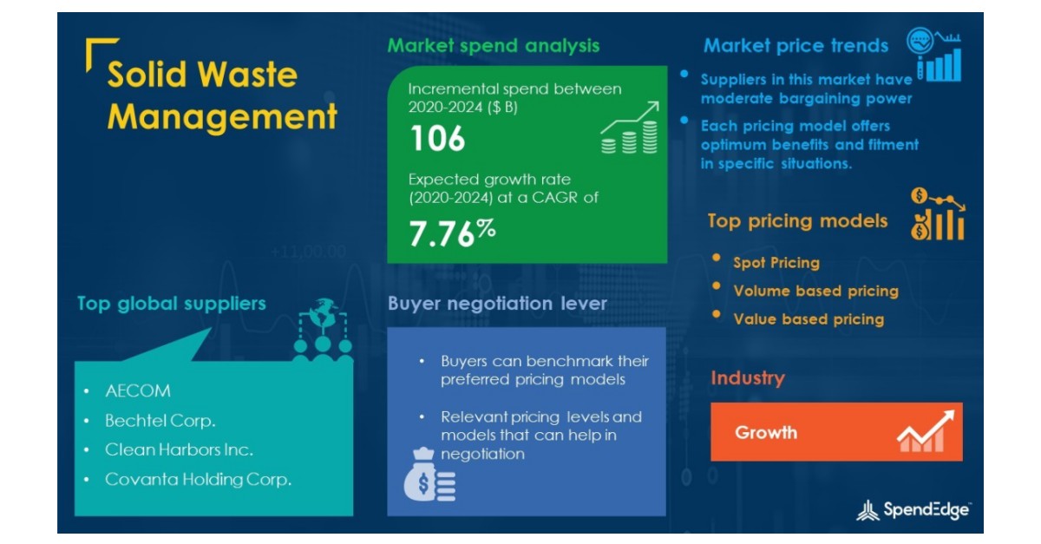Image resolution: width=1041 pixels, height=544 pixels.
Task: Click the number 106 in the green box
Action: pos(437,139)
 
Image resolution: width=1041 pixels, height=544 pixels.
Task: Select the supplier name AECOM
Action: pos(138,390)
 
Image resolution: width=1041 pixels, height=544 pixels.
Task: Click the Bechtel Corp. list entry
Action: pos(160,421)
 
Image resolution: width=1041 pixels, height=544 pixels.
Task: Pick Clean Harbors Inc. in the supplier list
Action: pos(179,450)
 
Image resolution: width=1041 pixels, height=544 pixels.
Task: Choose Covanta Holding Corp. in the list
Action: pos(198,479)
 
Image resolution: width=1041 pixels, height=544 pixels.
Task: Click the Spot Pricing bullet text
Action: pos(776,262)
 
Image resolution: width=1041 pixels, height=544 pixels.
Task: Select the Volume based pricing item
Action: pos(815,291)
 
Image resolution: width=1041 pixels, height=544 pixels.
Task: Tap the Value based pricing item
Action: pos(809,319)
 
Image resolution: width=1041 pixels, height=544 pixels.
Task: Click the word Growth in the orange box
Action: pos(766,432)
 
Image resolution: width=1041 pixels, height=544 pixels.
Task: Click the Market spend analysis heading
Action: pos(493,45)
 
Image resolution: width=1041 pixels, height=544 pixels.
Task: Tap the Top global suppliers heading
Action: pos(172,304)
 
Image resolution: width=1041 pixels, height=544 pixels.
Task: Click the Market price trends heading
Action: pos(795,45)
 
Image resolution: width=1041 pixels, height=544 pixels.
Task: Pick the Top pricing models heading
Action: pos(797,220)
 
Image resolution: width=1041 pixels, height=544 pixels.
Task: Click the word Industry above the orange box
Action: pos(747,378)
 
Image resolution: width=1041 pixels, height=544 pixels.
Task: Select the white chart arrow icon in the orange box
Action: pos(925,430)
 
